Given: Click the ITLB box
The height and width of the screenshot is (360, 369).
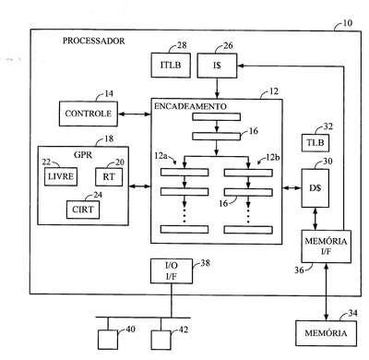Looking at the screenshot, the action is point(171,65).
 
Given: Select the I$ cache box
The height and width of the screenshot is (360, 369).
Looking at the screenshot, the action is point(217,66).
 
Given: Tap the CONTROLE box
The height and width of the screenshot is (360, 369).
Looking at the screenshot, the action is point(89,114).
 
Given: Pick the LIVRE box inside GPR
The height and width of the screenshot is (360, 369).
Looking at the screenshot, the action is point(61,176).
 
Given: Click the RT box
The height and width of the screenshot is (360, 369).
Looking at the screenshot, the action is point(109,176).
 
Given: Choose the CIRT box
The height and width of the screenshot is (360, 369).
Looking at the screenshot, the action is point(83,210).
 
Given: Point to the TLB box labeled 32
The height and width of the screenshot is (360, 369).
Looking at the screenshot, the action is point(315,143).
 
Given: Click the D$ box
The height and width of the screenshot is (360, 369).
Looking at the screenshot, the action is point(315,187).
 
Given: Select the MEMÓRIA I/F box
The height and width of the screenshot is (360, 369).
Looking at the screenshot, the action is point(327,246).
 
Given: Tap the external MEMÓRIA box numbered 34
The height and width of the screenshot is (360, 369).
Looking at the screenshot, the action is point(327,333).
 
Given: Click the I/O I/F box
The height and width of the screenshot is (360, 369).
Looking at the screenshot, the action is point(172,270).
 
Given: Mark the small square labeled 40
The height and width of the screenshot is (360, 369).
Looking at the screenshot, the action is point(108,340).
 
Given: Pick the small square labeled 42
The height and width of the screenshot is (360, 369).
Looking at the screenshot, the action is point(161,340).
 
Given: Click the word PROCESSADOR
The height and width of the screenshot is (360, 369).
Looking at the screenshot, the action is point(94,41).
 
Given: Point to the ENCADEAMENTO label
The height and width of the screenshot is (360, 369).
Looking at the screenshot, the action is point(190,106).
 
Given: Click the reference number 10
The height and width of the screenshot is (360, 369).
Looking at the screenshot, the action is point(347,23).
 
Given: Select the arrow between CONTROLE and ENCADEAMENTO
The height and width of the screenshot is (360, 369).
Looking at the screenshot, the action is point(135,114).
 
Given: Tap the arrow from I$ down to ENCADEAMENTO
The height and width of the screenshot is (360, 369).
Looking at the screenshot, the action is point(217,88).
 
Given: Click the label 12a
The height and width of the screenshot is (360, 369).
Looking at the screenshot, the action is point(161,156).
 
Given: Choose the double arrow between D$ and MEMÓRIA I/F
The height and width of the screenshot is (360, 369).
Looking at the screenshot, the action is point(315,219).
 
